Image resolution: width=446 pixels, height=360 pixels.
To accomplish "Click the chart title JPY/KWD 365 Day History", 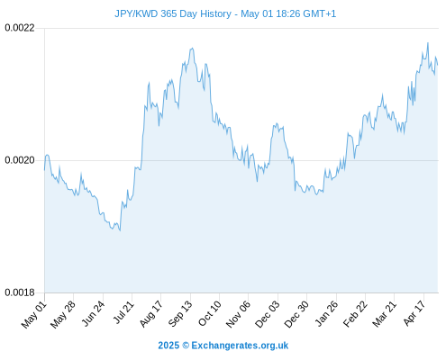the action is (173, 13).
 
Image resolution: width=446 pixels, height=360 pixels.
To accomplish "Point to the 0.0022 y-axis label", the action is (20, 28).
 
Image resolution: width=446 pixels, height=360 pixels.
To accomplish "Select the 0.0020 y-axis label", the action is (20, 160).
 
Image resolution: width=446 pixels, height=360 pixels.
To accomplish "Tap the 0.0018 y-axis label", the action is (20, 292).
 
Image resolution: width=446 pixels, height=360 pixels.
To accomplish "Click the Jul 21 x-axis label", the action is (123, 312).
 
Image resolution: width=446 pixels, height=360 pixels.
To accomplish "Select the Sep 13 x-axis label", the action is (180, 314).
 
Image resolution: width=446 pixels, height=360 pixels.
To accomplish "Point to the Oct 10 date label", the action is (209, 313).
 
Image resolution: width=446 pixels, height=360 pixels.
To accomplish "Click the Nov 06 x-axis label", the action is (238, 314).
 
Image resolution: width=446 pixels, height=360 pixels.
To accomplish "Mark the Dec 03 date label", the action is (267, 314).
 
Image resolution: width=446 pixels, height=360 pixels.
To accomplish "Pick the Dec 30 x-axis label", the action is (296, 314).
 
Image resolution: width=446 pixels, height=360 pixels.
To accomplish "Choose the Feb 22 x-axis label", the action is (355, 314).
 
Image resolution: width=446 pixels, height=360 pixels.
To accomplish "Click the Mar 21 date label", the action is (384, 314).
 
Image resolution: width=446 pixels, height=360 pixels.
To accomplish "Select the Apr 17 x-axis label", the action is (414, 313).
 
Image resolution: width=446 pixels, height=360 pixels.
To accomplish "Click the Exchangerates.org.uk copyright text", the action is (223, 346).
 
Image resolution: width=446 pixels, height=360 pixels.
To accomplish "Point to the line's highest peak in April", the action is (428, 43).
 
